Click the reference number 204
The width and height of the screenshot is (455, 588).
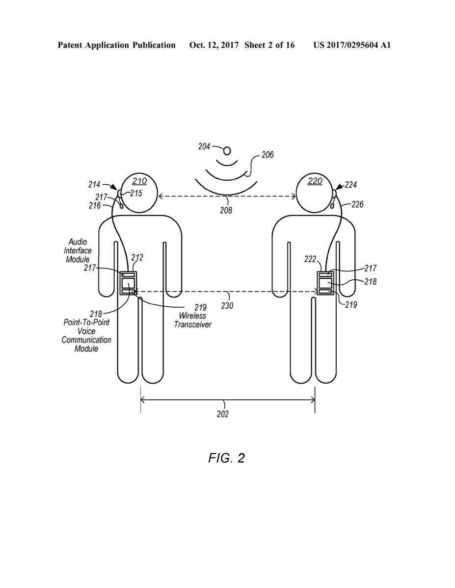tap(204, 146)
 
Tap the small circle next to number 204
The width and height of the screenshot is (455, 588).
tap(226, 149)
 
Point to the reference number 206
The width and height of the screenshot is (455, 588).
tap(267, 155)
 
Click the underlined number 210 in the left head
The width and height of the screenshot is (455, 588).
tap(139, 181)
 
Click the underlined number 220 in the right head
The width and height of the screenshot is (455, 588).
tap(315, 181)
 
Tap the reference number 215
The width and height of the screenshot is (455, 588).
tap(136, 194)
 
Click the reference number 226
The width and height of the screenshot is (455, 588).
tap(357, 205)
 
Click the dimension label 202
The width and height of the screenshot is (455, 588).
tap(222, 414)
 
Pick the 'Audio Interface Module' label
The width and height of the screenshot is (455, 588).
tap(78, 250)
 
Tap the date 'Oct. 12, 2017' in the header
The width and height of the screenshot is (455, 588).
tap(214, 46)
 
